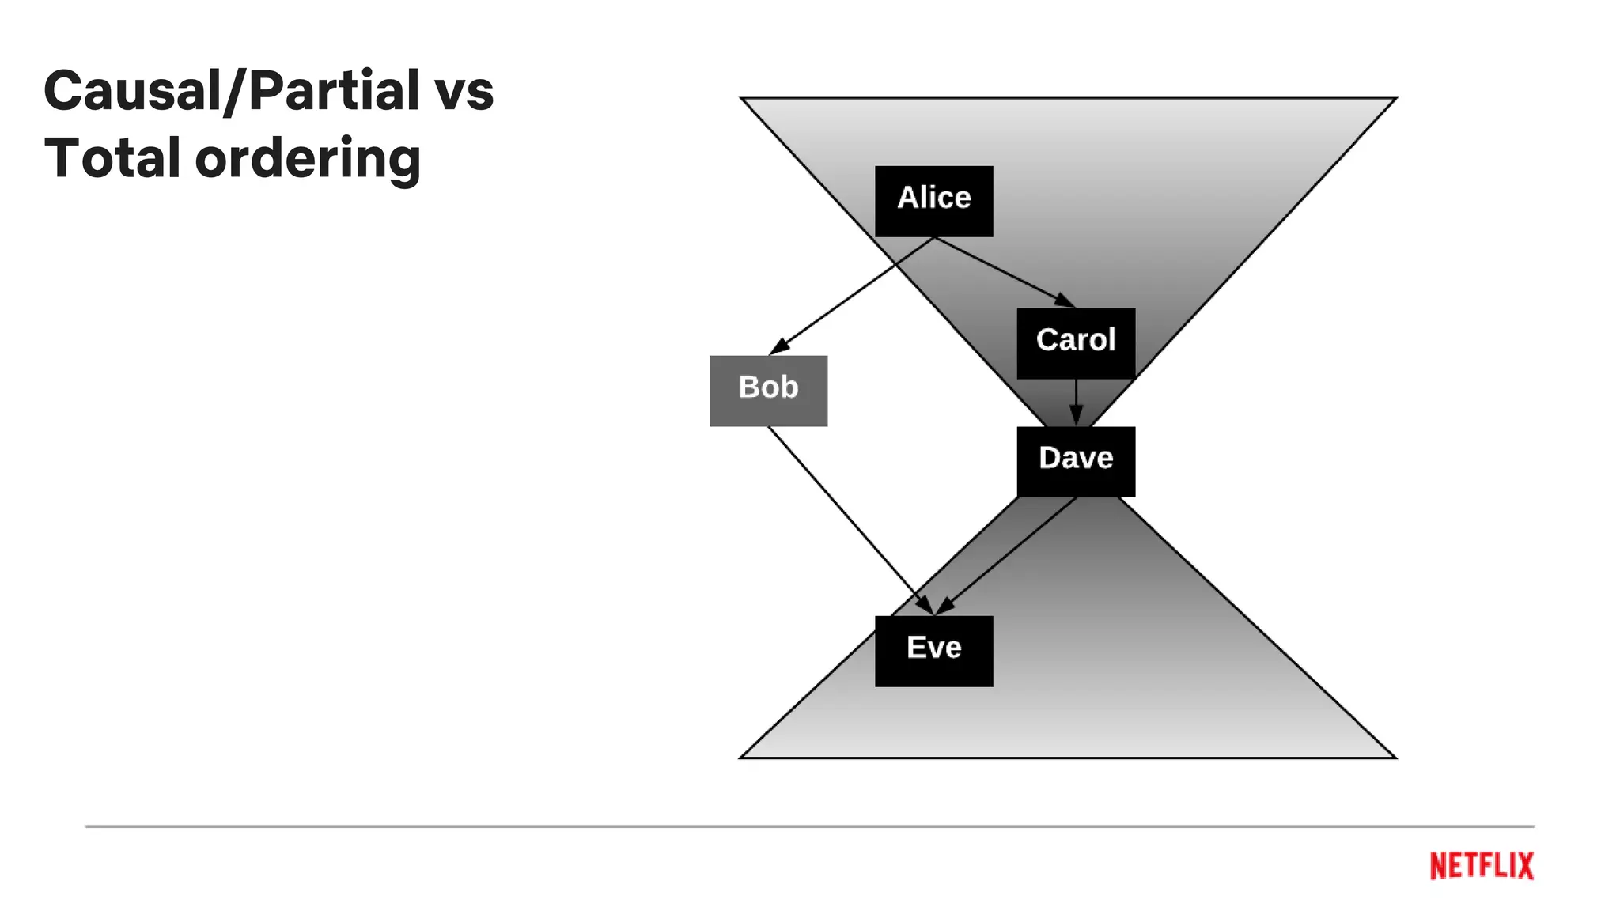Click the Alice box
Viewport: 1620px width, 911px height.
click(x=933, y=201)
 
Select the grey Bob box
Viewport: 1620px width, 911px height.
click(x=768, y=391)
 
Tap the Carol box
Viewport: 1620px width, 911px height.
click(x=1076, y=343)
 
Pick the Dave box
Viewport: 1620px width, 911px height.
click(x=1076, y=462)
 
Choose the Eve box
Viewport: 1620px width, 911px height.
click(x=933, y=651)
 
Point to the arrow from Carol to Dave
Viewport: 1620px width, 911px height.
click(x=1076, y=399)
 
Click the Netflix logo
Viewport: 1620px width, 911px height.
click(x=1481, y=866)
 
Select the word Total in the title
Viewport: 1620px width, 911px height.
click(x=112, y=158)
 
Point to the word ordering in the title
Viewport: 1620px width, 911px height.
click(x=308, y=161)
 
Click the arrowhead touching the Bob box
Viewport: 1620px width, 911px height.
click(x=778, y=347)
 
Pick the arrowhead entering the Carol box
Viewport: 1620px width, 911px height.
click(x=1065, y=300)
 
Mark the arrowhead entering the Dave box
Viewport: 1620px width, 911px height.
click(x=1076, y=415)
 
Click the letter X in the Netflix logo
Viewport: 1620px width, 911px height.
click(x=1523, y=866)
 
